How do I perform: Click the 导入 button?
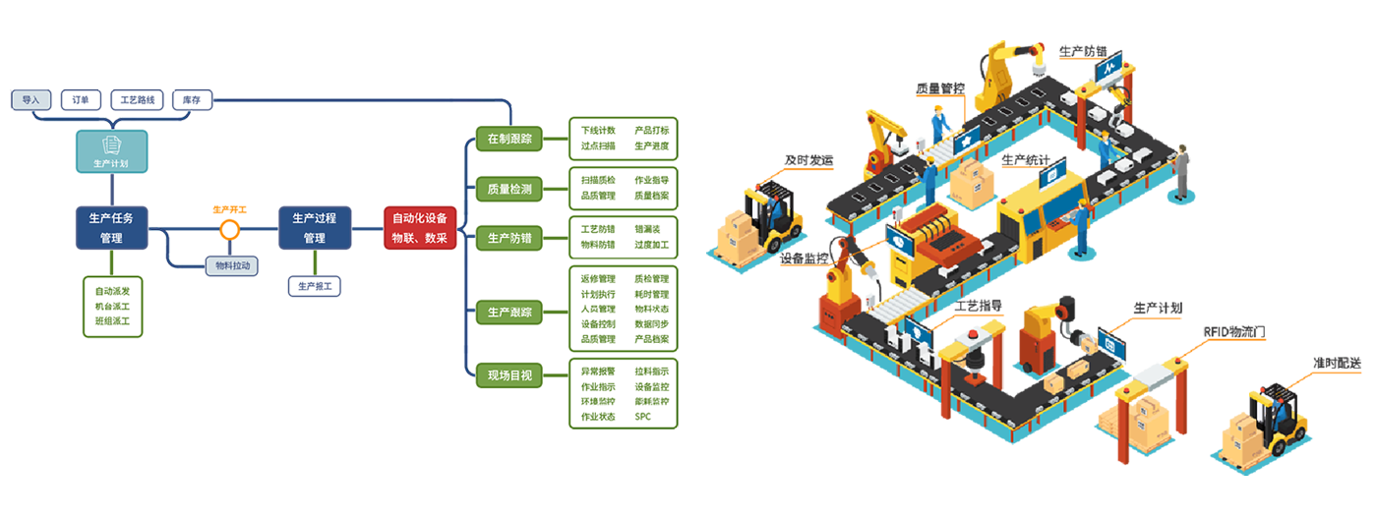click(30, 99)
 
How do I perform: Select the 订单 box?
click(81, 99)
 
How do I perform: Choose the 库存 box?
click(191, 99)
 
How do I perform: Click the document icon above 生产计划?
click(111, 145)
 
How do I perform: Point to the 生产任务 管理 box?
click(110, 227)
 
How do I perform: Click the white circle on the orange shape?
click(229, 230)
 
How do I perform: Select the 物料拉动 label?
click(233, 265)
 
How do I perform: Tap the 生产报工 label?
click(314, 287)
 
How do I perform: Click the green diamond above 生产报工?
click(314, 262)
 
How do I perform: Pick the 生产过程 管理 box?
click(314, 227)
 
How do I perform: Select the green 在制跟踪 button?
click(509, 139)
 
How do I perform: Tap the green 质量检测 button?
click(509, 189)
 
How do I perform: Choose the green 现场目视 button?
click(509, 374)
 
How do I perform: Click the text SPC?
click(643, 417)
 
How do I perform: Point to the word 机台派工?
click(112, 306)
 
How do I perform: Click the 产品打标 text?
click(651, 130)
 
